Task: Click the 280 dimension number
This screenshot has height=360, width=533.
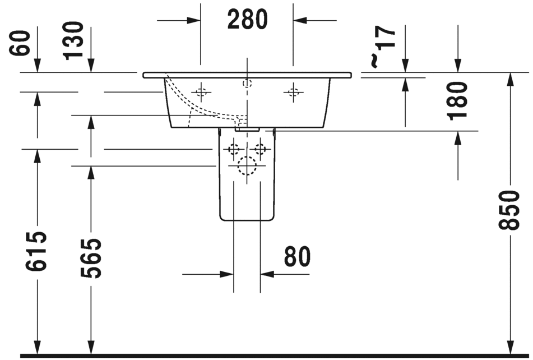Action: pos(247,20)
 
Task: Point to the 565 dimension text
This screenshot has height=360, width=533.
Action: pos(91,258)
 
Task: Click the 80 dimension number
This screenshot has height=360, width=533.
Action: pos(296,257)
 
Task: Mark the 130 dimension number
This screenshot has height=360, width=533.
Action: pos(73,40)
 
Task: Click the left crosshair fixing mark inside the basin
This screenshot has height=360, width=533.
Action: pos(201,92)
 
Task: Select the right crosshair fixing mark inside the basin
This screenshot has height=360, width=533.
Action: pos(293,92)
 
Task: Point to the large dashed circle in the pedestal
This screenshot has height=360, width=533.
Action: pos(247,165)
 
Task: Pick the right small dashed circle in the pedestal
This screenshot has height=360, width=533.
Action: pos(259,149)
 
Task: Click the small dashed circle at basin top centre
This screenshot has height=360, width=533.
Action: pos(247,84)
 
